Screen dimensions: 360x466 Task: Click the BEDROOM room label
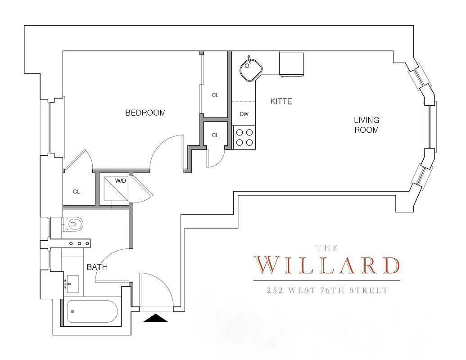tap(145, 113)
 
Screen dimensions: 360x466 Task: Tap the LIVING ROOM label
tap(366, 125)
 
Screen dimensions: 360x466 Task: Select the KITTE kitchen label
tap(281, 102)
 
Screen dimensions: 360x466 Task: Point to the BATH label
tap(97, 267)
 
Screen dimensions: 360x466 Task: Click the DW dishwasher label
tap(244, 114)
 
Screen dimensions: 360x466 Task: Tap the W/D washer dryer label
tap(120, 181)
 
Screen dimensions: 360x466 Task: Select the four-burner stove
tap(244, 138)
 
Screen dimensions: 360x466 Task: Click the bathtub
tap(92, 311)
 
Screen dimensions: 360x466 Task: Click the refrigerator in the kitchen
tap(291, 64)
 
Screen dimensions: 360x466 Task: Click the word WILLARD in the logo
tap(326, 265)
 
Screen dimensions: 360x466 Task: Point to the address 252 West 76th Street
tap(326, 291)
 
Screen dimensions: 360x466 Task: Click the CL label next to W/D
tap(77, 192)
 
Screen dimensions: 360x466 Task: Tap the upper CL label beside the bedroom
tap(215, 95)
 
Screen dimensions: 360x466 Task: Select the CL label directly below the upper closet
tap(215, 135)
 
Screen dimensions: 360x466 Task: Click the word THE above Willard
tap(326, 247)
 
